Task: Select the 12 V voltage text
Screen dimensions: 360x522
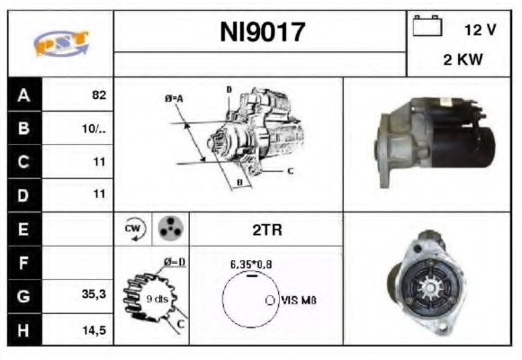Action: point(480,30)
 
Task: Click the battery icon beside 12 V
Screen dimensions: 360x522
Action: point(424,27)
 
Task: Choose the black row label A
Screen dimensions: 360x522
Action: point(24,94)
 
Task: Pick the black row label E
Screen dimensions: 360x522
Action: point(24,229)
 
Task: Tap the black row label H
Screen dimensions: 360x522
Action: point(24,329)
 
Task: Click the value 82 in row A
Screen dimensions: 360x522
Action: point(98,94)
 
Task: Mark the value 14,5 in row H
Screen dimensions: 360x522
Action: point(94,329)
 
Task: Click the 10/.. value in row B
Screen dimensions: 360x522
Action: point(93,128)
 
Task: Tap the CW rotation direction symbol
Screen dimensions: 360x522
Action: point(132,229)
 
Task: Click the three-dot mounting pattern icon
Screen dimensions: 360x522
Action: point(168,229)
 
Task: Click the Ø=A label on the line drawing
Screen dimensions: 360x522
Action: point(174,97)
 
